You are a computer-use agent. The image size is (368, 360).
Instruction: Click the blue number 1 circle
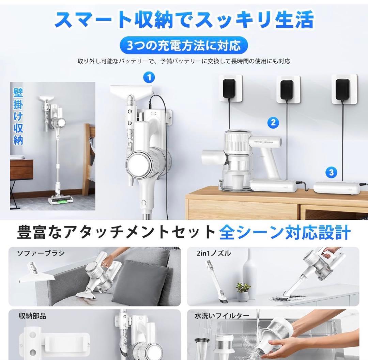pos(149,78)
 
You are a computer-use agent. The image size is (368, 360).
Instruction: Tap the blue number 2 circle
pos(273,122)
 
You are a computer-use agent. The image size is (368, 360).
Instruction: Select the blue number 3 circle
pos(332,172)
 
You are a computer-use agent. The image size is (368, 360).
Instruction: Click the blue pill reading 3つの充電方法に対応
pos(183,46)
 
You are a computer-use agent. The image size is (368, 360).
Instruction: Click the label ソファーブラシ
pos(41,253)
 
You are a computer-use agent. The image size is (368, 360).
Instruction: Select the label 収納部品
pos(32,316)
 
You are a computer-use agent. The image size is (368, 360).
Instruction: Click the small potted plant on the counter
pos(243,292)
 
